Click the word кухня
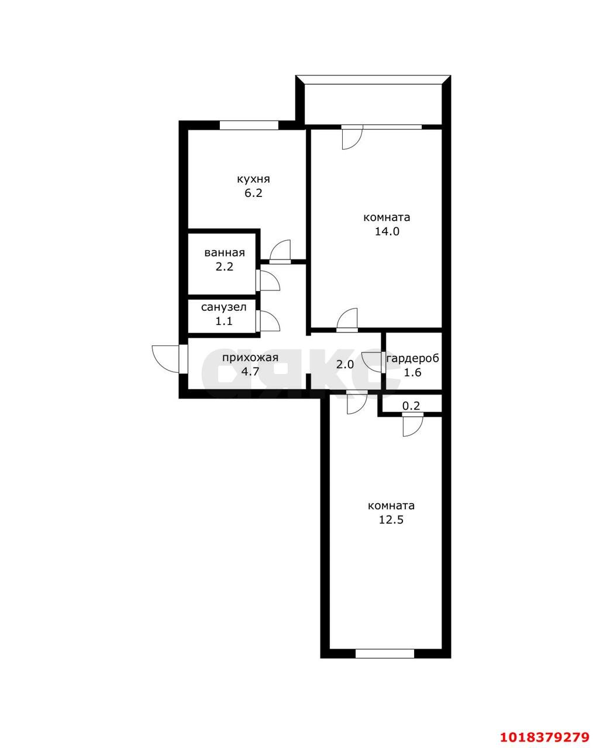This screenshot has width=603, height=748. (253, 179)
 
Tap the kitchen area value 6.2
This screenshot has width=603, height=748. (253, 193)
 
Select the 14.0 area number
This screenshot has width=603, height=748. (387, 231)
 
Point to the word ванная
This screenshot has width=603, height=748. (225, 252)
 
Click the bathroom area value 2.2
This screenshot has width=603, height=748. (225, 266)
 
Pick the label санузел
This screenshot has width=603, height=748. (224, 307)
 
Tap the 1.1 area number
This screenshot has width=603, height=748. (224, 321)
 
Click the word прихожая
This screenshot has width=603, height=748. (250, 358)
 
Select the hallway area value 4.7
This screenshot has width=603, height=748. (250, 372)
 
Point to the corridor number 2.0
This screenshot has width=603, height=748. (345, 365)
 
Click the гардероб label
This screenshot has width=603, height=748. (413, 358)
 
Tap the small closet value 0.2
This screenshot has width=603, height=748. (411, 406)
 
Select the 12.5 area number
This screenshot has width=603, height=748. (391, 520)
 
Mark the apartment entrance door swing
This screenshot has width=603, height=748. (166, 359)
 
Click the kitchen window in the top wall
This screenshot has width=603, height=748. (249, 125)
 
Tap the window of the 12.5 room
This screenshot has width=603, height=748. (385, 654)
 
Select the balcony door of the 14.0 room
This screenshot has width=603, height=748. (352, 137)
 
